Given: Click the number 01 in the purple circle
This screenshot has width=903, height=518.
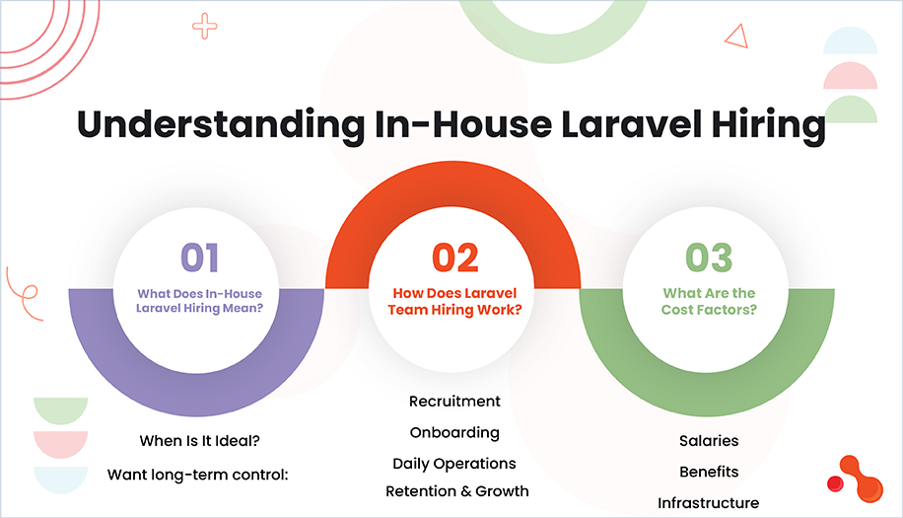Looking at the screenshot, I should pos(199,258).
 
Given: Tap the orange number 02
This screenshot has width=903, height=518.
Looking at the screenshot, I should pos(454,258).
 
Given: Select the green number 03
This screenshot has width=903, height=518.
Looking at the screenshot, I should pos(709,258).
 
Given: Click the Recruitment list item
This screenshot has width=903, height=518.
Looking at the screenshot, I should pos(454,402).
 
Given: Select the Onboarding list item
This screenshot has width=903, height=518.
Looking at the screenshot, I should pos(454,432).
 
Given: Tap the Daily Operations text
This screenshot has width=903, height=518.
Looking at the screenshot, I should pos(454,463).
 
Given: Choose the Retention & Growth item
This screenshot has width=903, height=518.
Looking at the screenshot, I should pos(457,490).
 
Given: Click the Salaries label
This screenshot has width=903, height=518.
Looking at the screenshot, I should pos(709,440).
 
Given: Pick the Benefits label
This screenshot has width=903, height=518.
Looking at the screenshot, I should pos(709,472).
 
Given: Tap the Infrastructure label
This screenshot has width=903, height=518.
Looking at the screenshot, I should pos(709,503).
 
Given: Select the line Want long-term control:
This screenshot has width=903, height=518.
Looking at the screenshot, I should pos(198,475).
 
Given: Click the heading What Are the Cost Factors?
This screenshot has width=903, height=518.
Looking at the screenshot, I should pos(709,300).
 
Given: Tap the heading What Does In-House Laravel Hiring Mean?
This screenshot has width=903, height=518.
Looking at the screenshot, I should pos(199,301).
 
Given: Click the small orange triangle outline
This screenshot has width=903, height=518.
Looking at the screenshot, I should pos(735,36).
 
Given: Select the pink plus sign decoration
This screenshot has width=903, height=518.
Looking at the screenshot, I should pos(205,27).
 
